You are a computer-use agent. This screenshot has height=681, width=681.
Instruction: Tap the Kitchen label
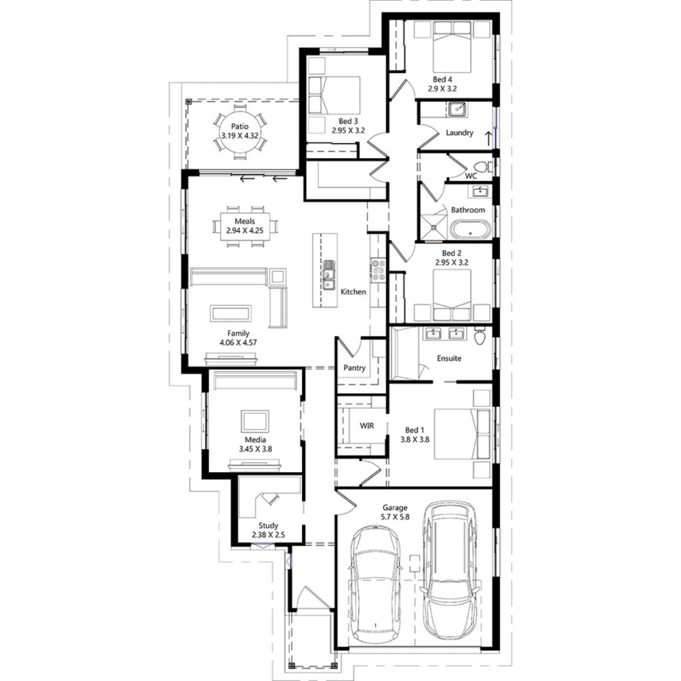(353, 292)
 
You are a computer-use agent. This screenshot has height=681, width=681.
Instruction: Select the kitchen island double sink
(330, 274)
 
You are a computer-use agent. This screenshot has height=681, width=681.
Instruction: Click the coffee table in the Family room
(231, 313)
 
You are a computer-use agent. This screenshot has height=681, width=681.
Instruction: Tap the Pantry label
(354, 367)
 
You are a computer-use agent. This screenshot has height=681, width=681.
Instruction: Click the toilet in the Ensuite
(480, 337)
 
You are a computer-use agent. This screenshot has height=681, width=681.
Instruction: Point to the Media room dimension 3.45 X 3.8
(255, 449)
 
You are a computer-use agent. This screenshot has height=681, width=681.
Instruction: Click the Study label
(268, 525)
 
